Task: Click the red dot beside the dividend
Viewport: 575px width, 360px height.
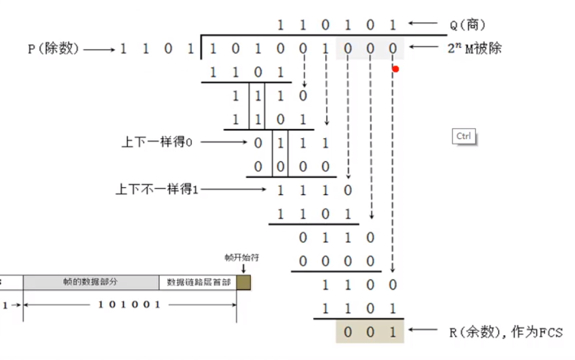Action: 396,69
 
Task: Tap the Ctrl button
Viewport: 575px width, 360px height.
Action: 464,137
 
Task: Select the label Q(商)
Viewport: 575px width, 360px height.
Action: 468,25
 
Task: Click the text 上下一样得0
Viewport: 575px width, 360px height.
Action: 158,142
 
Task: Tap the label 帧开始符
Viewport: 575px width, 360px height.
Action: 242,257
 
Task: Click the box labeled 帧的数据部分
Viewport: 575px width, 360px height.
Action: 91,282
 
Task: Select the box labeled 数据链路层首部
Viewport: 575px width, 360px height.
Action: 197,282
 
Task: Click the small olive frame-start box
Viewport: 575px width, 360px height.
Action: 243,282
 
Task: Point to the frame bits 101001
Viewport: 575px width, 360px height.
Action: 130,305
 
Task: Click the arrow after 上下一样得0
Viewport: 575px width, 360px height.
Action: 224,142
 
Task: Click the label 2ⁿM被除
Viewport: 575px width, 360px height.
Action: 474,48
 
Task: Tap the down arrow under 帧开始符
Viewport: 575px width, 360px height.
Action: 243,268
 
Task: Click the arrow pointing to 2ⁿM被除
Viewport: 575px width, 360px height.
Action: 426,48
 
